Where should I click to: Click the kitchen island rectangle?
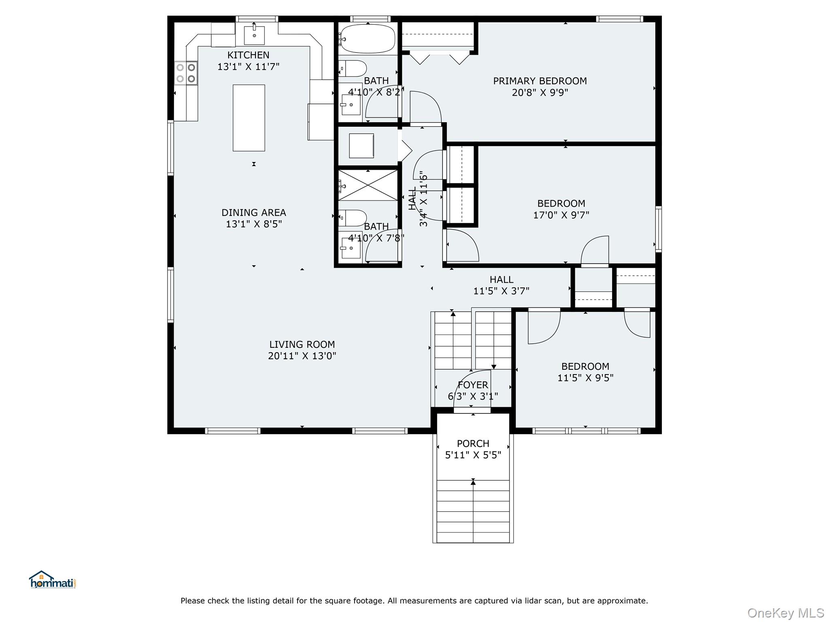[249, 118]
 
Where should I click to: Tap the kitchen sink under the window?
[255, 35]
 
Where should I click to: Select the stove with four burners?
[186, 73]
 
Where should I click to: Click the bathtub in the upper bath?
[367, 39]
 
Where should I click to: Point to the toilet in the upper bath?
[353, 69]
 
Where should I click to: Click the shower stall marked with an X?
[368, 185]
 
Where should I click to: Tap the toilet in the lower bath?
[353, 218]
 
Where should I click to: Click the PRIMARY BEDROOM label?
[540, 81]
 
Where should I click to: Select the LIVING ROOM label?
[302, 345]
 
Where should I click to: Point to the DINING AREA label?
[254, 213]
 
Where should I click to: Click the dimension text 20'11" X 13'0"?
[302, 356]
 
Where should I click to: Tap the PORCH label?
[473, 444]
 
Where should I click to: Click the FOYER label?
[473, 385]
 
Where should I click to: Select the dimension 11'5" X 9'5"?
[585, 378]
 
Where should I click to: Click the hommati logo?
[53, 579]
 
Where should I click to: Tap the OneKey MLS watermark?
[786, 613]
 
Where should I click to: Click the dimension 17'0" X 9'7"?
[561, 215]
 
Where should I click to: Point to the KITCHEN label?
[248, 55]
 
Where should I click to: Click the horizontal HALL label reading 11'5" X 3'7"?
[502, 285]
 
